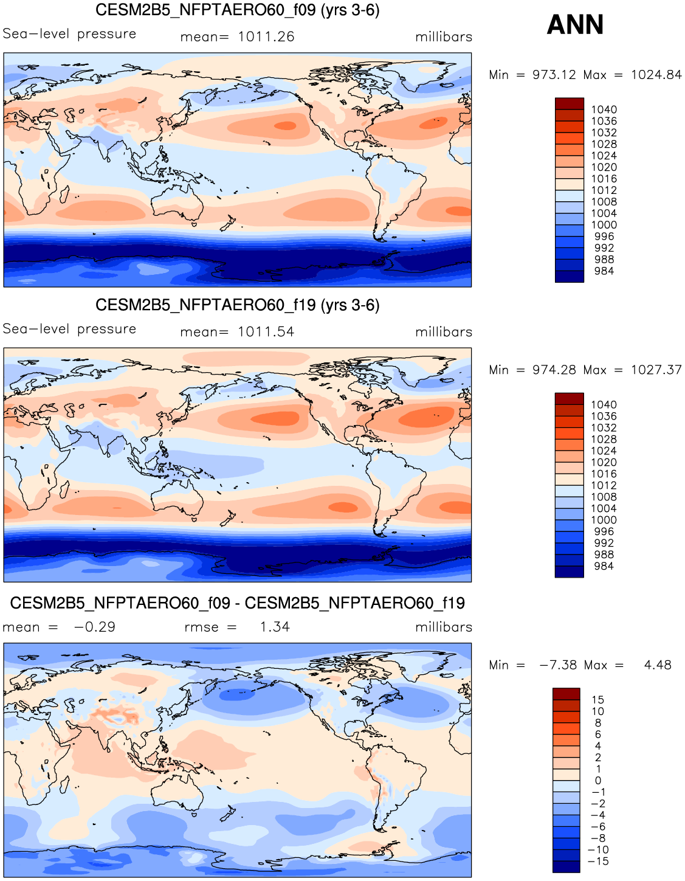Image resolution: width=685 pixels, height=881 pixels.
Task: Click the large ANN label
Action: [x=575, y=25]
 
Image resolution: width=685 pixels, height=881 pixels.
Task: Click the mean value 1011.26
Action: [x=266, y=37]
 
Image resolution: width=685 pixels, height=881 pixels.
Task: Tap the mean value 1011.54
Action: [x=266, y=332]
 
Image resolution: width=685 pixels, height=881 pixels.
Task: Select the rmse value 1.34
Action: [x=275, y=627]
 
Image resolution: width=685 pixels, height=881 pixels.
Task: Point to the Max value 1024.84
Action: [x=656, y=75]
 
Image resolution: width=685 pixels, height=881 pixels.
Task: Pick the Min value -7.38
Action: [x=558, y=665]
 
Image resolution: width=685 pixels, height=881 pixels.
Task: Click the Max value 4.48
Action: [x=658, y=665]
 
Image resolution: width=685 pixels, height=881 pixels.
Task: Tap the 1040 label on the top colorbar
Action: [x=604, y=109]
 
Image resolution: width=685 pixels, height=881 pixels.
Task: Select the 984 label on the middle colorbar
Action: [x=604, y=566]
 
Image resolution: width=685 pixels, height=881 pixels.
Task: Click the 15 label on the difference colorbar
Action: [x=597, y=700]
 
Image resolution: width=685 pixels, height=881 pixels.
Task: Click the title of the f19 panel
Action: [x=238, y=305]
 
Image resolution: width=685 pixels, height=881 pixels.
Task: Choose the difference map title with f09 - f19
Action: [x=238, y=603]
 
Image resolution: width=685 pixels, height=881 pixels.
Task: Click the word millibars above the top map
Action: [x=444, y=37]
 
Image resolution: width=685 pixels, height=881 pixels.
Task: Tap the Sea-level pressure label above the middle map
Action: [x=69, y=329]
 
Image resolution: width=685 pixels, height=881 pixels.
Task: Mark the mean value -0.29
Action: [x=94, y=627]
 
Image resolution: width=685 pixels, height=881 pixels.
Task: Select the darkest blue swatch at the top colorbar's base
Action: [x=570, y=277]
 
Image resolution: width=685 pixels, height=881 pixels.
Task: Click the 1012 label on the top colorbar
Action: [x=604, y=190]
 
